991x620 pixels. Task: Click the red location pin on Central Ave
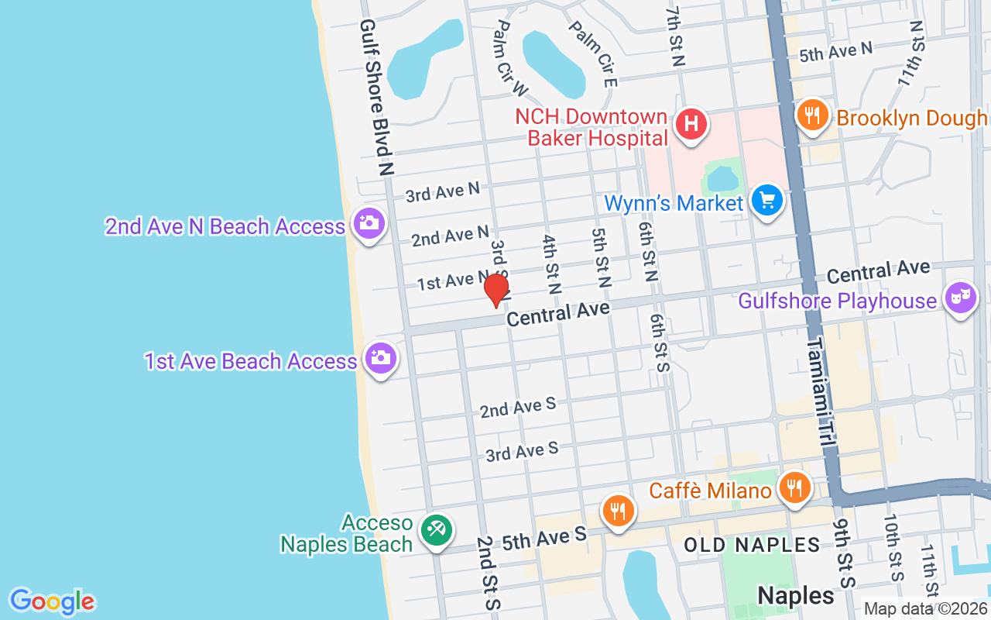(x=496, y=291)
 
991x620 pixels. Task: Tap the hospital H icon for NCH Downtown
(x=691, y=124)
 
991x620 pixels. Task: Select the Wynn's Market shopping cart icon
(x=767, y=201)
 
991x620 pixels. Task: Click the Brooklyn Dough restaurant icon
(x=811, y=116)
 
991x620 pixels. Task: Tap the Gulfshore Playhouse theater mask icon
(x=961, y=298)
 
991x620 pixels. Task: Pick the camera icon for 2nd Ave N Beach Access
(x=369, y=224)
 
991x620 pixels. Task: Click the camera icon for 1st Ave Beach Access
(x=380, y=358)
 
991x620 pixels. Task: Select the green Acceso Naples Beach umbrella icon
(x=437, y=531)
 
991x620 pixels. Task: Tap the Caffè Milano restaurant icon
(x=794, y=488)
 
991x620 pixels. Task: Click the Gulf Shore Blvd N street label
(x=377, y=97)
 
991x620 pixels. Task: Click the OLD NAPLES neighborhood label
(x=751, y=545)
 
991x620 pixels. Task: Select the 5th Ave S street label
(x=544, y=539)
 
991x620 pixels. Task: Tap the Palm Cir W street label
(x=510, y=58)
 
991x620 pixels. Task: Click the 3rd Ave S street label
(x=522, y=450)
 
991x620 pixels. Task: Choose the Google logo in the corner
(x=52, y=601)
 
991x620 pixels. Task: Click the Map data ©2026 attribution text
(x=924, y=609)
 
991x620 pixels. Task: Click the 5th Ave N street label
(x=835, y=52)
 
